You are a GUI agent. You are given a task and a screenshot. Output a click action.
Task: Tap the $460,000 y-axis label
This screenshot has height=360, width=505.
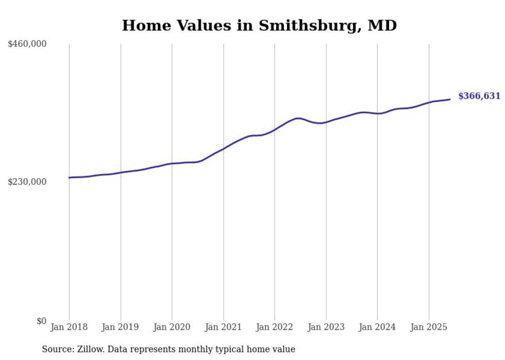[27, 44]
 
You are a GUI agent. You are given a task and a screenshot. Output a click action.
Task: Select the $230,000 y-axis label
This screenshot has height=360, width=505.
[27, 182]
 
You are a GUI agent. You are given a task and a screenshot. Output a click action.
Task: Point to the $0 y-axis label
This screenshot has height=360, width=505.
[41, 321]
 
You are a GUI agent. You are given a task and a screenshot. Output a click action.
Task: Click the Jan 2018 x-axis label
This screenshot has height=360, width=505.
[69, 327]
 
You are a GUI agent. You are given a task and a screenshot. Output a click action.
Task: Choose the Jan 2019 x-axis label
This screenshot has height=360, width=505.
[121, 327]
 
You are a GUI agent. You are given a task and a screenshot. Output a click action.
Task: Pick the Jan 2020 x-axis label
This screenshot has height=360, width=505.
[172, 327]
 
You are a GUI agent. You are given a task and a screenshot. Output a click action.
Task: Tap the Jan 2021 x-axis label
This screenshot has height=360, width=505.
[223, 327]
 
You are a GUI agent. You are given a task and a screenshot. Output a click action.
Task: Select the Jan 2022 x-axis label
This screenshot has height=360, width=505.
[275, 327]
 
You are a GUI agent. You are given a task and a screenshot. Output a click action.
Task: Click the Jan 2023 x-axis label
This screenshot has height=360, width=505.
[326, 327]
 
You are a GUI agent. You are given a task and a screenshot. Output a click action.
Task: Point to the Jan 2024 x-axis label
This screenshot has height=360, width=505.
[377, 327]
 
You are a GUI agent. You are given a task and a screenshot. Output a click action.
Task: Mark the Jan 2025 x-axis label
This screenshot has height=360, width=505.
[429, 327]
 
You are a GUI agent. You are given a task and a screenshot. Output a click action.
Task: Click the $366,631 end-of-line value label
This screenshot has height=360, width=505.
[479, 96]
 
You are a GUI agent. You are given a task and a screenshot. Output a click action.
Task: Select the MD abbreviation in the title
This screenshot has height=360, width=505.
[382, 25]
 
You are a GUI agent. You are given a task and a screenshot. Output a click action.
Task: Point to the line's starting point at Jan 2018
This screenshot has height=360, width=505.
[69, 178]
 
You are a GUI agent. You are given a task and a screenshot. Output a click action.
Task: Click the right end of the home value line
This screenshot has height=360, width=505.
[450, 99]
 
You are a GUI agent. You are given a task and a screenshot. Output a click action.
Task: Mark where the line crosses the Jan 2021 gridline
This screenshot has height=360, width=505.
[223, 149]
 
